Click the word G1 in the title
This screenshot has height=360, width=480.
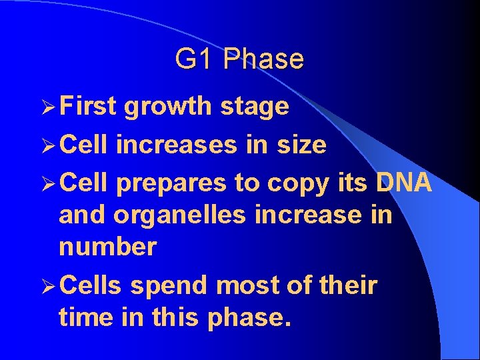195,59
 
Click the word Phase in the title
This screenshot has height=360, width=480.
263,59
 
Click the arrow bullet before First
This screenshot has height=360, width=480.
46,107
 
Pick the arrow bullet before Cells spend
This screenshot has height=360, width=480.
46,287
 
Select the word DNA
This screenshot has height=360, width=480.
403,183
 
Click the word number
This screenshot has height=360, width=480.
107,247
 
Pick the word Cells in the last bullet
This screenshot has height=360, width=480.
90,286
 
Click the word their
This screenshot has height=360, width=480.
347,286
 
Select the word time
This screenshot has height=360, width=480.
83,317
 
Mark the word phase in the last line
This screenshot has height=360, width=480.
250,318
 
